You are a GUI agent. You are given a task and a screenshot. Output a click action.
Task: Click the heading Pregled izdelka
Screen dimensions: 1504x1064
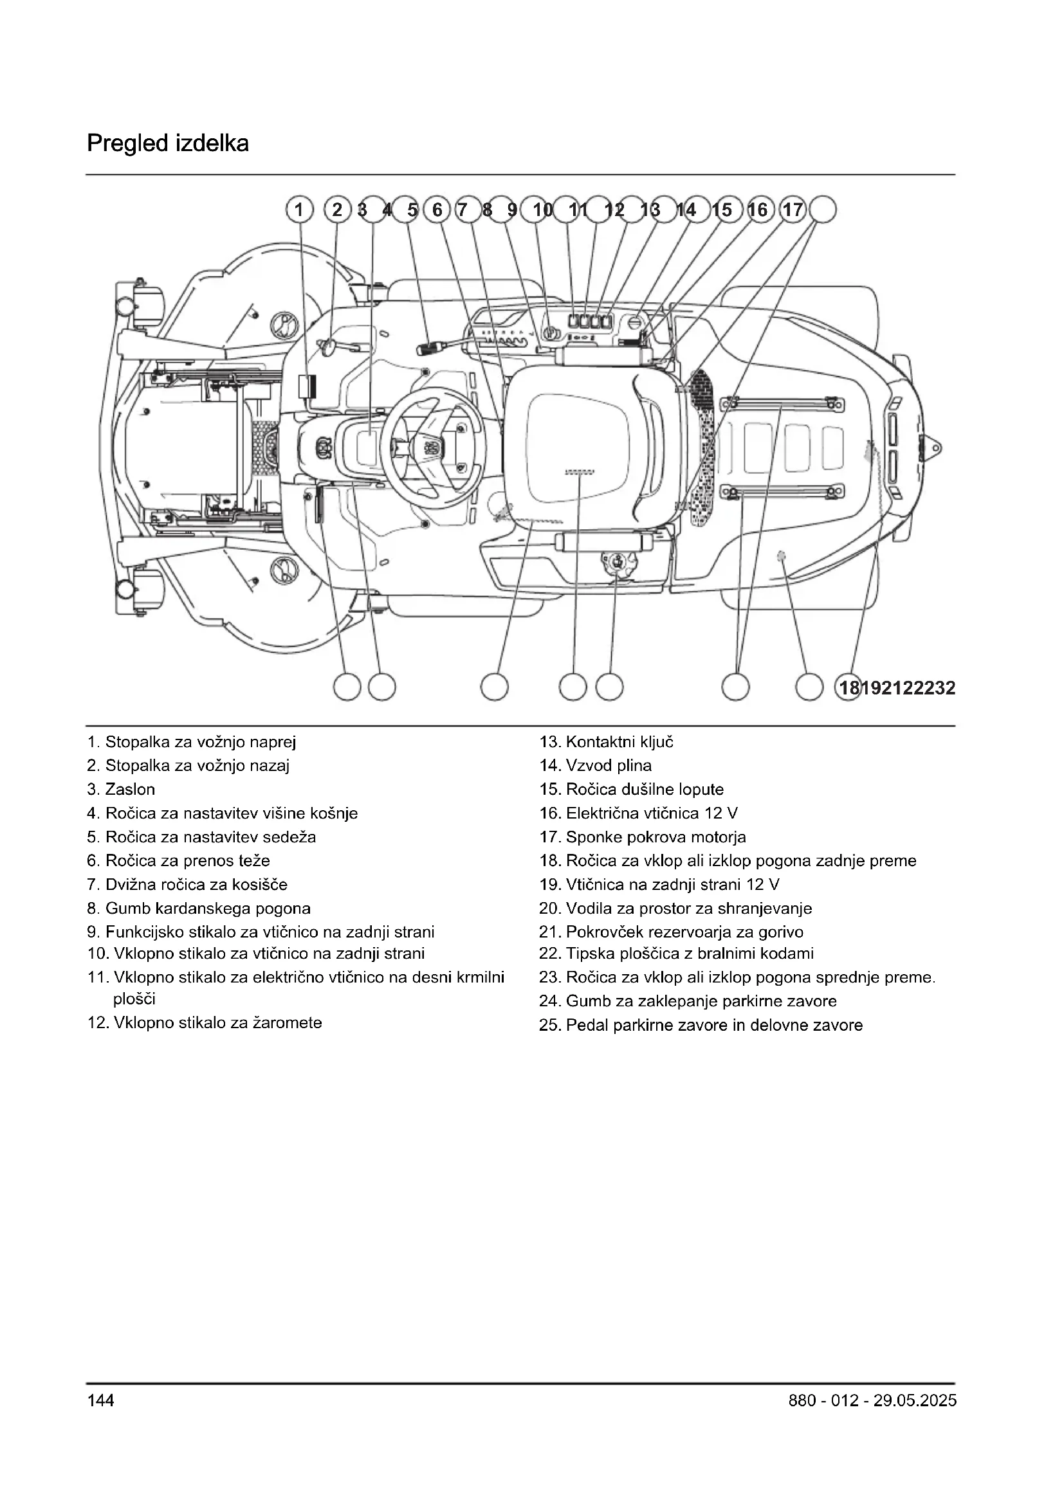[168, 143]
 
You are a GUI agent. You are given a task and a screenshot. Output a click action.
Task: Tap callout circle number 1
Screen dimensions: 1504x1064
[298, 210]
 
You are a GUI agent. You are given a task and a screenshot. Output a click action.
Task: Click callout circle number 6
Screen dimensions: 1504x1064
[437, 210]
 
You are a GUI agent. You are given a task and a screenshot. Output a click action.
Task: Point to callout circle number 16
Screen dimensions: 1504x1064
[758, 210]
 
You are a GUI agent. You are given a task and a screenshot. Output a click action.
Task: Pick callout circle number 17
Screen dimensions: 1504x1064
[793, 210]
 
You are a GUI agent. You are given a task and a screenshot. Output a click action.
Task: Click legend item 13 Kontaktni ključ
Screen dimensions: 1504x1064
[606, 742]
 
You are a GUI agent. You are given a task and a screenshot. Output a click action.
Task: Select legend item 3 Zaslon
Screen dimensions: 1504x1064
[121, 790]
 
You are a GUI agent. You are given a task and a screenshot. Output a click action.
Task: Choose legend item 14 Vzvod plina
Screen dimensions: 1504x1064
[596, 766]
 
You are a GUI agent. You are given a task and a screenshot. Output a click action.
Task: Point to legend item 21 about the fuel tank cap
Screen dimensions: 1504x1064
[672, 932]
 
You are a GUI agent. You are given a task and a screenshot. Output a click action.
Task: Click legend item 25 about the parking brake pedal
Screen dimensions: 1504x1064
[701, 1025]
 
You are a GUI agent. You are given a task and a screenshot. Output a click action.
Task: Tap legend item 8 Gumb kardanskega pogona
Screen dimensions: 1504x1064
[199, 909]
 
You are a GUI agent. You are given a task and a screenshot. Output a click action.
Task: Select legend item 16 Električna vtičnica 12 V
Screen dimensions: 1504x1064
[639, 813]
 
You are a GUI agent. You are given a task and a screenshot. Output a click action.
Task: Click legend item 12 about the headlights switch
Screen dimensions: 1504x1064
[205, 1023]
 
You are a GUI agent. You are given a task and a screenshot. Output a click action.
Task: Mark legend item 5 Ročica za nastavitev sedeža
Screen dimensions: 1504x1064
[202, 837]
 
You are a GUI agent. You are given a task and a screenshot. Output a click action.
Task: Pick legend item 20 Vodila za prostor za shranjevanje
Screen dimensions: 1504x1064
[675, 909]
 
